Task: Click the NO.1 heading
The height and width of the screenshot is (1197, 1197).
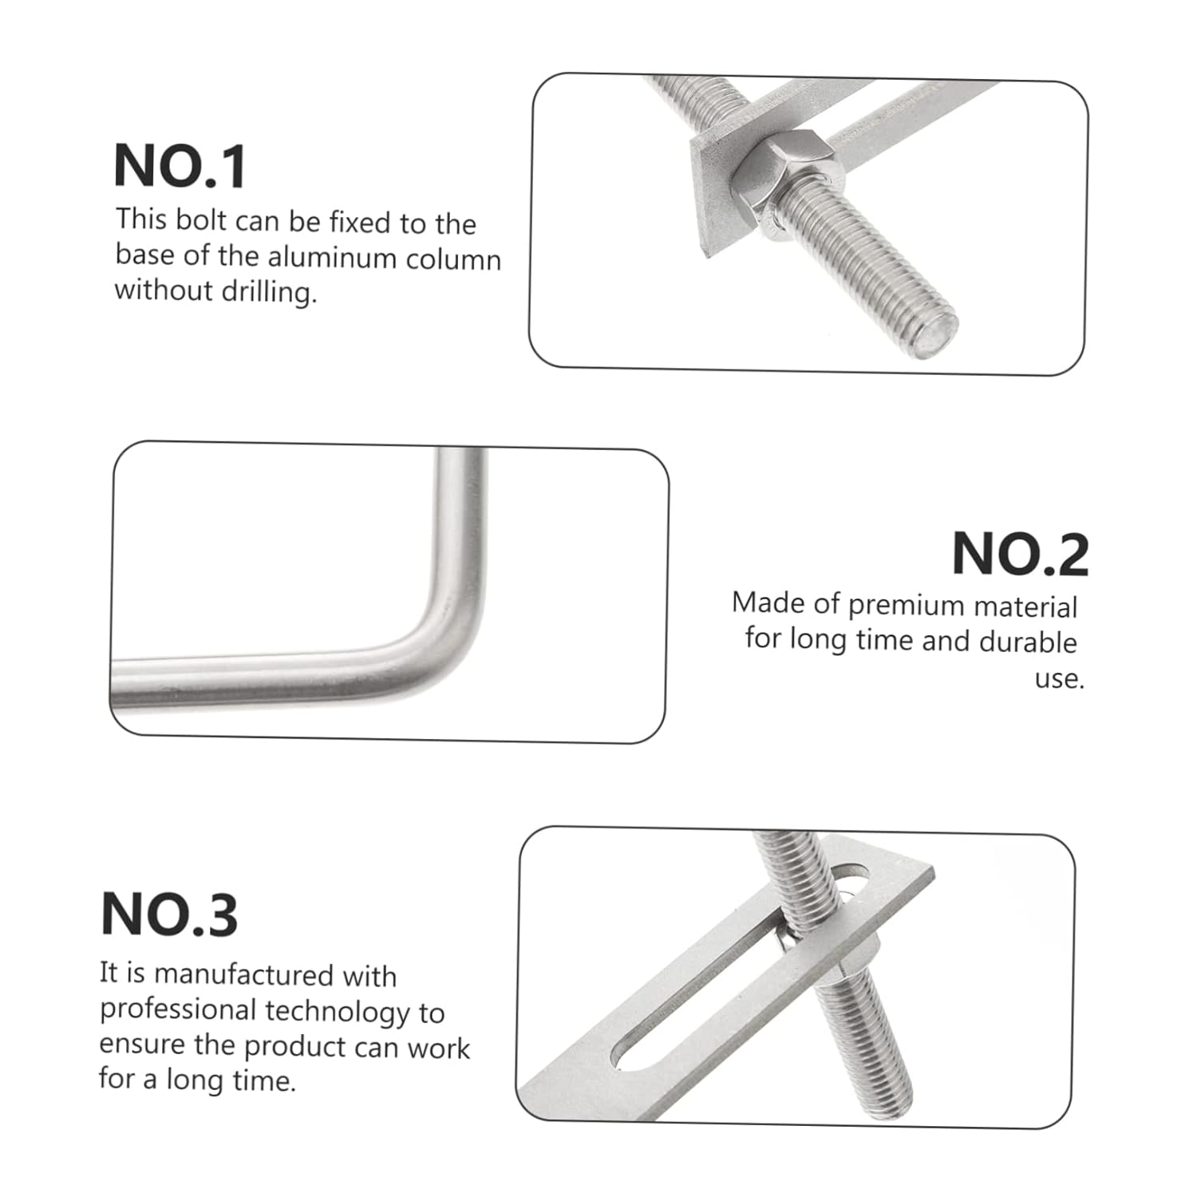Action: [x=180, y=166]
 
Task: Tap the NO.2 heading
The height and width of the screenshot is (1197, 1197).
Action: [x=1020, y=554]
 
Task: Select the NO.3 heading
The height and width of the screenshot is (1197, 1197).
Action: [x=169, y=915]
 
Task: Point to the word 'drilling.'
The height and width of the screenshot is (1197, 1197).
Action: [x=269, y=292]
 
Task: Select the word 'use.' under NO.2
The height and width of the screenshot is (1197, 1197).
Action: [x=1059, y=679]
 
